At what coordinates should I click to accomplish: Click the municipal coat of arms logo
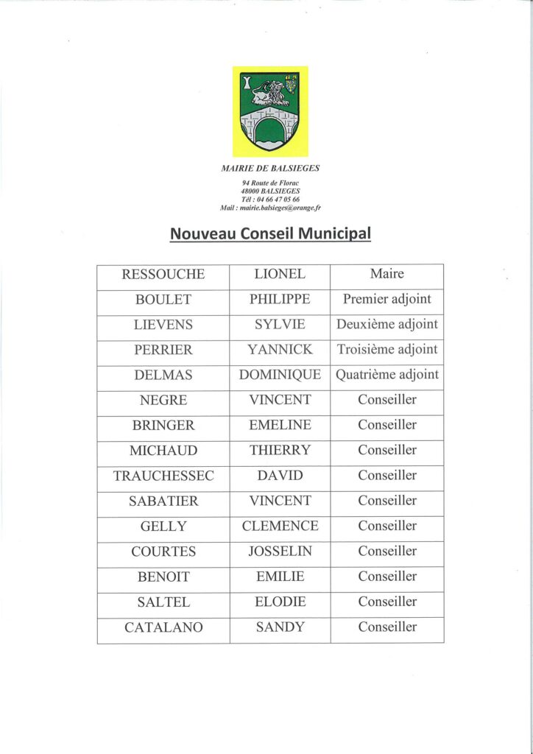coord(270,111)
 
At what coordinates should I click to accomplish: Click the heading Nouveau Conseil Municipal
coord(270,233)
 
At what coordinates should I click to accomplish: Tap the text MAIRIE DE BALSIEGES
coord(270,168)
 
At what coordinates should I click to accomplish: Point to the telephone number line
coord(270,200)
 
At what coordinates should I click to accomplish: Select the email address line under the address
coord(270,208)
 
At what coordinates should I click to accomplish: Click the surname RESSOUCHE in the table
coord(163,275)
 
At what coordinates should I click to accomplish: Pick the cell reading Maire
coord(386,275)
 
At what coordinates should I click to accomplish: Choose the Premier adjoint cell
coord(386,300)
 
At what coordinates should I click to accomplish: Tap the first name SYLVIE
coord(280,325)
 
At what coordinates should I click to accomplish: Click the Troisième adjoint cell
coord(386,350)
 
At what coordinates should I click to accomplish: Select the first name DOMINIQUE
coord(280,375)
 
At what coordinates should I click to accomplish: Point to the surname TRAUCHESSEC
coord(163,476)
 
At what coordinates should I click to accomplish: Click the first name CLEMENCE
coord(280,526)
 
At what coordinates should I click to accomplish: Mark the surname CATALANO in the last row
coord(163,627)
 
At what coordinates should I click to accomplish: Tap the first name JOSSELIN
coord(280,551)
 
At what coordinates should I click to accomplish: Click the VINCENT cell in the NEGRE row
coord(280,400)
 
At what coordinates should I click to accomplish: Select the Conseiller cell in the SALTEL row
coord(386,602)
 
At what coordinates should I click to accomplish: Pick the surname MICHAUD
coord(163,450)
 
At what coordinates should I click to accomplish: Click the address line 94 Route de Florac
coord(270,183)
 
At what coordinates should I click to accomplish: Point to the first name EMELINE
coord(280,425)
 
